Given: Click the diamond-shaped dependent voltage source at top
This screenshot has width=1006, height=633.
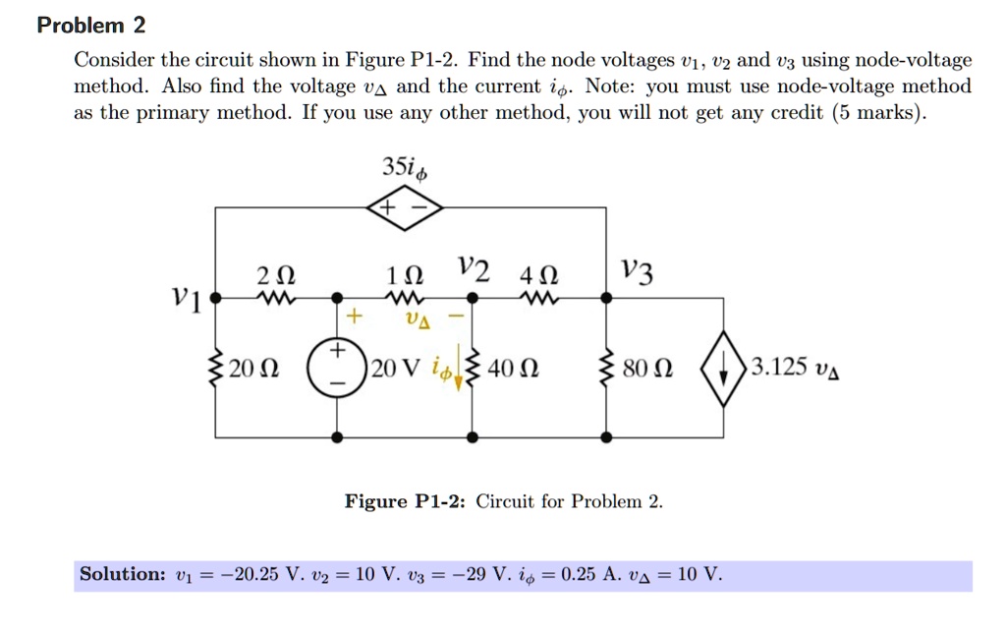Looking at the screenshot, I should click(405, 208).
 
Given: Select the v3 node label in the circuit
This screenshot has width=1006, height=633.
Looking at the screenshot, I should click(636, 269).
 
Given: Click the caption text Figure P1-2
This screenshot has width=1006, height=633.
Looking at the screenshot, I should click(406, 501).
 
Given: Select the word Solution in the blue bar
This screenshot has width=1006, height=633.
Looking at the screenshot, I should click(122, 574).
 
